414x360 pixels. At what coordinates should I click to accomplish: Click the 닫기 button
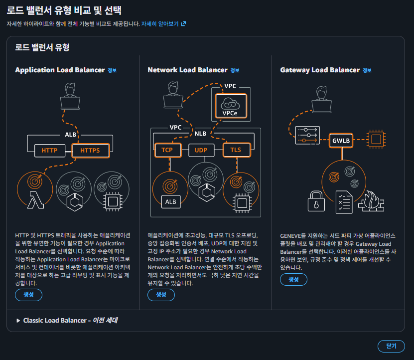391,346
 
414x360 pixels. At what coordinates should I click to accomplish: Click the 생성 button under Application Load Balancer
28,295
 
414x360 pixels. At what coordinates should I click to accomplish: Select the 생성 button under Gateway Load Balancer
294,279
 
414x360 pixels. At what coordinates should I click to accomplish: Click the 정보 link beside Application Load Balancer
112,70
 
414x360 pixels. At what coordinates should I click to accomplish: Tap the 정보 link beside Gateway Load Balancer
367,70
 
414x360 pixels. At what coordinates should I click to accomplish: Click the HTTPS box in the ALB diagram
90,150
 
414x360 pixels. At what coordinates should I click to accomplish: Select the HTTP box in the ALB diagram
49,150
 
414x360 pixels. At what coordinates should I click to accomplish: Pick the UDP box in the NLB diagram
201,150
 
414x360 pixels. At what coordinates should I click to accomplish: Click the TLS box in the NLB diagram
236,150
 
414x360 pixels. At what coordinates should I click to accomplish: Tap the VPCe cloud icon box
230,106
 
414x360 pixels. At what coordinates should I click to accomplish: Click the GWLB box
341,141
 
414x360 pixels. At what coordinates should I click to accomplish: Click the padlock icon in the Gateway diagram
316,201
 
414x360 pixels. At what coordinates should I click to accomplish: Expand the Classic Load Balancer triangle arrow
18,321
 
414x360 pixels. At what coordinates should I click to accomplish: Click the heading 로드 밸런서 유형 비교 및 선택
64,10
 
